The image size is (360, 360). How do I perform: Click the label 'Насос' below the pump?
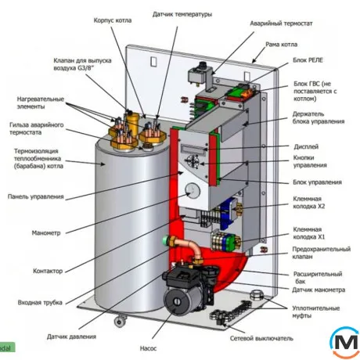148,348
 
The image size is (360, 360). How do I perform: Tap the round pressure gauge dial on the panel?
193,190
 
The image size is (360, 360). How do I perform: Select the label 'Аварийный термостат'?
281,23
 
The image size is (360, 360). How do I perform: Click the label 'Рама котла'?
281,45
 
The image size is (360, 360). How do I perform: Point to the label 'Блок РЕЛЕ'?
308,60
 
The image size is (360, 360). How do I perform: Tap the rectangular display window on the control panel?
193,149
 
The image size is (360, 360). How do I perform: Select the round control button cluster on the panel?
192,161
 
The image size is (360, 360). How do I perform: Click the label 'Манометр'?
46,233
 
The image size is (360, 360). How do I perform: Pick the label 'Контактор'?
48,271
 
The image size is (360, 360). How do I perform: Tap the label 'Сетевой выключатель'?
261,339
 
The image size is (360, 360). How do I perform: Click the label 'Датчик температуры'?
182,14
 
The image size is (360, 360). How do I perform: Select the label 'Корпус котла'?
113,20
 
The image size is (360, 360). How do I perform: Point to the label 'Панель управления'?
36,196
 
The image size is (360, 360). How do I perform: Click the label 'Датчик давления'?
71,337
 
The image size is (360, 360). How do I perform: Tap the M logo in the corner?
345,342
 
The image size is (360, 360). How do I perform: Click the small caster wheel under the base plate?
120,321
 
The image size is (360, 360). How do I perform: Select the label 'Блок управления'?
317,182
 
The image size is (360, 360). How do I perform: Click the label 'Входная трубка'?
40,303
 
